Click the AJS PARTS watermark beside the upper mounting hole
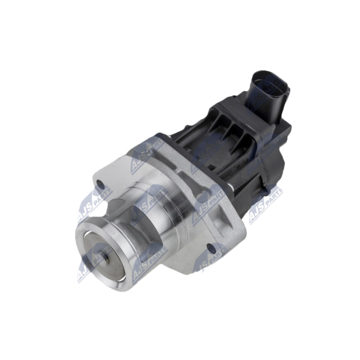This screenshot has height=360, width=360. pyautogui.click(x=90, y=207)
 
